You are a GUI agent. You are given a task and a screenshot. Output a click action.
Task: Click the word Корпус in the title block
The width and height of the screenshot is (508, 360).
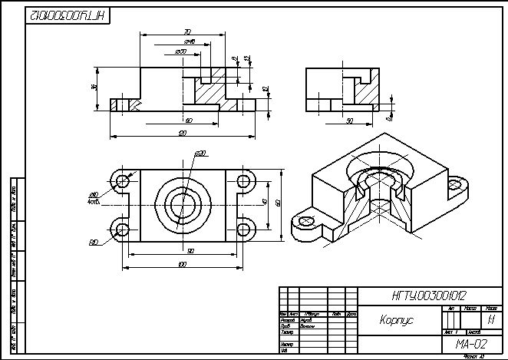pyautogui.click(x=396, y=319)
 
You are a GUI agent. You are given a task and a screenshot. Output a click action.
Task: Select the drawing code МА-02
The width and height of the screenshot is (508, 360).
pyautogui.click(x=471, y=344)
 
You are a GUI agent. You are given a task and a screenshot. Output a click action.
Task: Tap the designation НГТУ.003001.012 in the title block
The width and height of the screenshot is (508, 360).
pyautogui.click(x=429, y=296)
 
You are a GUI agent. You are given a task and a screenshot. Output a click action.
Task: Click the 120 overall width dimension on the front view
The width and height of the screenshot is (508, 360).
pyautogui.click(x=183, y=134)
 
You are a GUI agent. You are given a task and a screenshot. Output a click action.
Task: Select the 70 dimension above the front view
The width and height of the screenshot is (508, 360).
pyautogui.click(x=187, y=32)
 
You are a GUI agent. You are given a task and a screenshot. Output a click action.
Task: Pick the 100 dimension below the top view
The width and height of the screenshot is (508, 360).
pyautogui.click(x=182, y=265)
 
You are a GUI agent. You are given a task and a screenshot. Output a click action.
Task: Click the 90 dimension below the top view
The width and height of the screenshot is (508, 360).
pyautogui.click(x=190, y=251)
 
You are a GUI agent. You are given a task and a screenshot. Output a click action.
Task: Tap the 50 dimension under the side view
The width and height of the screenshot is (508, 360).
pyautogui.click(x=350, y=121)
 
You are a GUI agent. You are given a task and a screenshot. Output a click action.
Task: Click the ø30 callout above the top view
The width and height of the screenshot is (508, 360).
pyautogui.click(x=200, y=154)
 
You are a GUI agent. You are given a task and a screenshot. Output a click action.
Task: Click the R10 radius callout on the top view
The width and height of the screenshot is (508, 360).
pyautogui.click(x=93, y=243)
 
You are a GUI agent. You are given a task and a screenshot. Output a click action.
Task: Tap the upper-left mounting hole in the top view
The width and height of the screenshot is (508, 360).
pyautogui.click(x=121, y=182)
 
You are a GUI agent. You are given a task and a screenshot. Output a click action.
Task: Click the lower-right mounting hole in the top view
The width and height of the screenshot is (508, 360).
pyautogui.click(x=245, y=229)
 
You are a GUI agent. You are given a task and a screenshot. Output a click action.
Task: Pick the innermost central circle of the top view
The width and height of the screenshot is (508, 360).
pyautogui.click(x=183, y=205)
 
